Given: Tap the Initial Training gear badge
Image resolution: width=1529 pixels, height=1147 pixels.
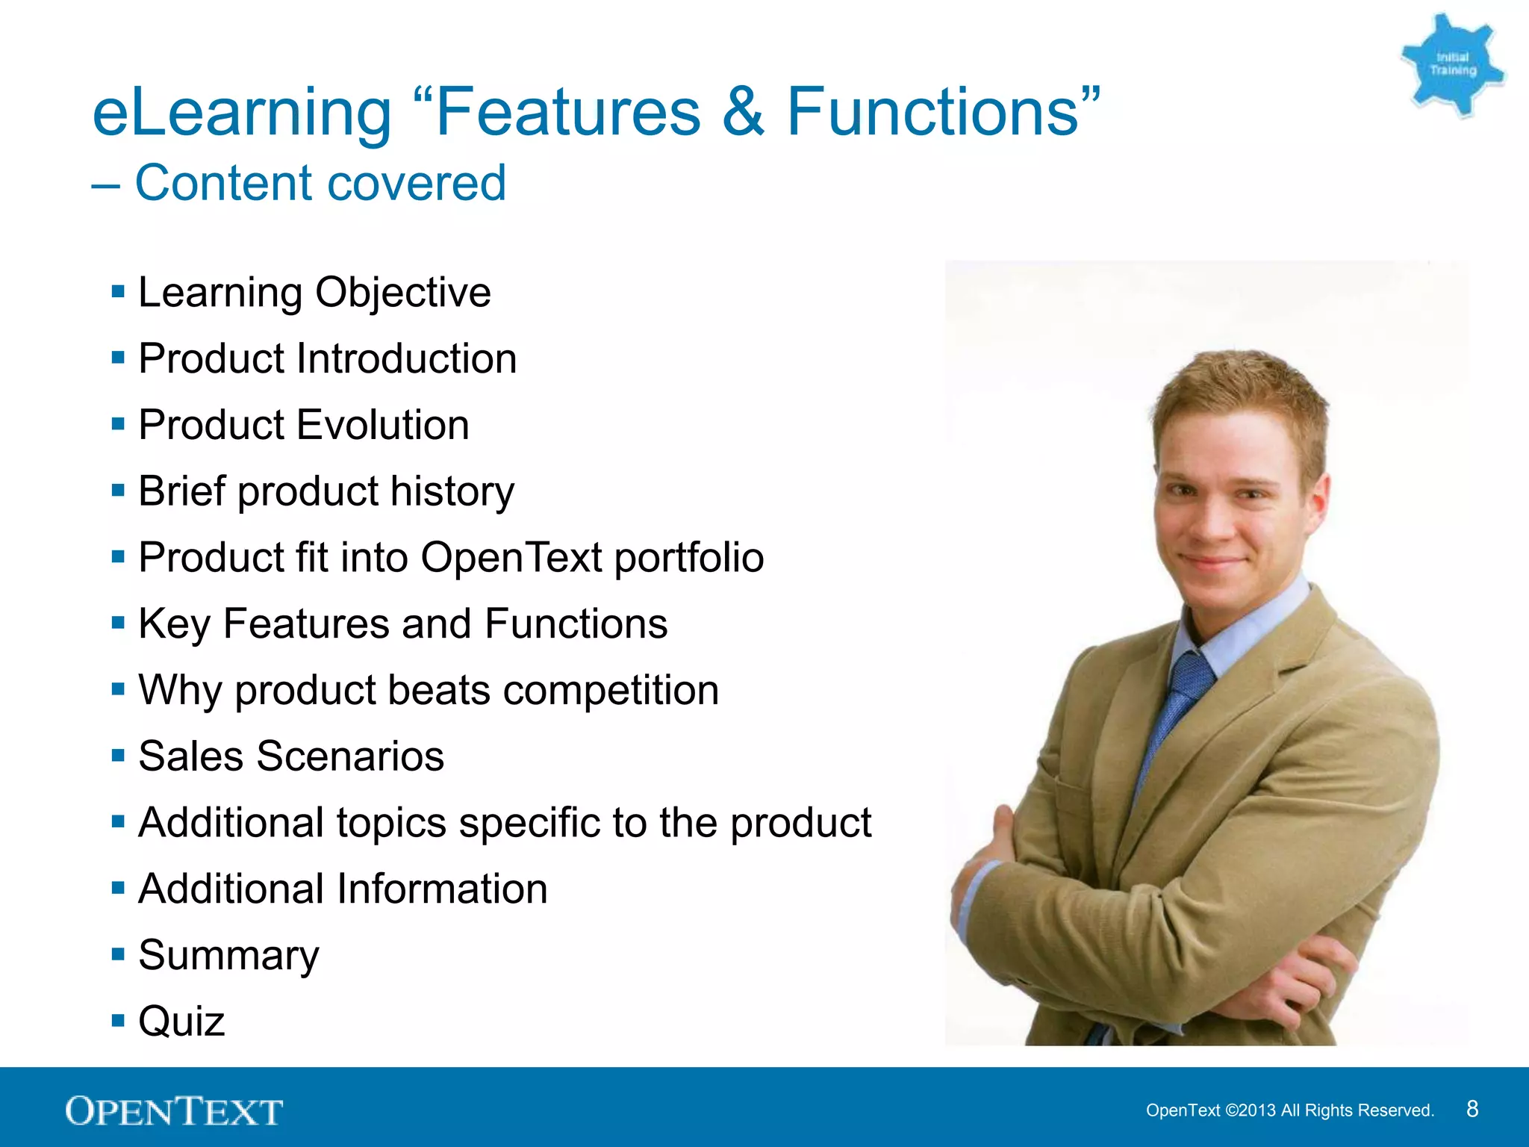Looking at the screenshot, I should click(x=1452, y=65).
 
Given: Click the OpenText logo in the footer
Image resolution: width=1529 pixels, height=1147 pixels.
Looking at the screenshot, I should click(x=174, y=1111).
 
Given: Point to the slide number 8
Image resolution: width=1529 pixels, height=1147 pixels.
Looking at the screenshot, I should click(x=1472, y=1109).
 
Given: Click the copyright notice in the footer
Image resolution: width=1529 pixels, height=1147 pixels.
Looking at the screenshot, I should click(x=1289, y=1110).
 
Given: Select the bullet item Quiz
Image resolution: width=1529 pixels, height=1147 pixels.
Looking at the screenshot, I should click(x=181, y=1021).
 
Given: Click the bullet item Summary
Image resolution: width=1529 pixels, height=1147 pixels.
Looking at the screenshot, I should click(x=228, y=955).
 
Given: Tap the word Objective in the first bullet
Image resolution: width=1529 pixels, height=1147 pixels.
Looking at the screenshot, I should click(x=402, y=293).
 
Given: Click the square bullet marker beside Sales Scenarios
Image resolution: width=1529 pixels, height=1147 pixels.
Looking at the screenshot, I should click(x=118, y=756).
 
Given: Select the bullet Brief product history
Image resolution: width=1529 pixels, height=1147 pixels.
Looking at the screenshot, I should click(x=326, y=491).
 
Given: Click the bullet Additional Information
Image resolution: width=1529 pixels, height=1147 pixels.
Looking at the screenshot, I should click(x=343, y=889).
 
